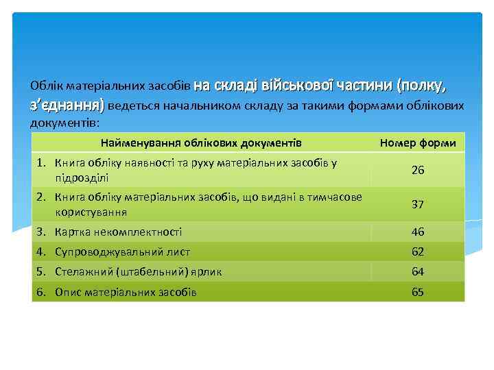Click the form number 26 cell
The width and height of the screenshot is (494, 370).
(417, 170)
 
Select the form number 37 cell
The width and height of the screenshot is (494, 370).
(417, 204)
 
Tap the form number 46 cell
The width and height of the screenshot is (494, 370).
(417, 232)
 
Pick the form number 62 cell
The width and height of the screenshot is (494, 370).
(417, 251)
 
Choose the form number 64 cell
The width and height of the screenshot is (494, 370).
(417, 271)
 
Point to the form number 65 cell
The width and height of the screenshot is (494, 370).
(417, 292)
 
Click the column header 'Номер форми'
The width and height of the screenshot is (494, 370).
(417, 143)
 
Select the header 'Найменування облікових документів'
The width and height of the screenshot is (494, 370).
(200, 143)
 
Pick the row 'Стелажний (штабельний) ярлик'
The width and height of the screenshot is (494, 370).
(138, 271)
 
